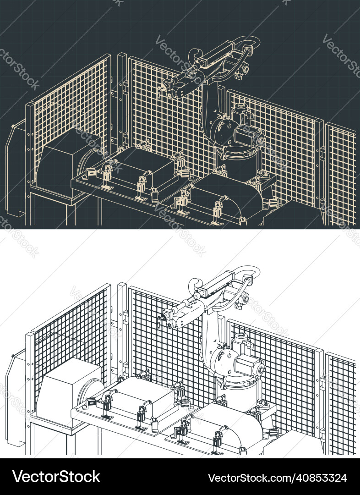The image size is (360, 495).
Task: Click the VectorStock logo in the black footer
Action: coord(56,477)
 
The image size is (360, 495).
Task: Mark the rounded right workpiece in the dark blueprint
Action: coord(229,195)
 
